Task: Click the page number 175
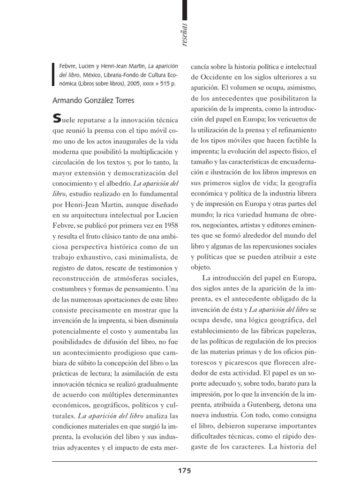(184, 470)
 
